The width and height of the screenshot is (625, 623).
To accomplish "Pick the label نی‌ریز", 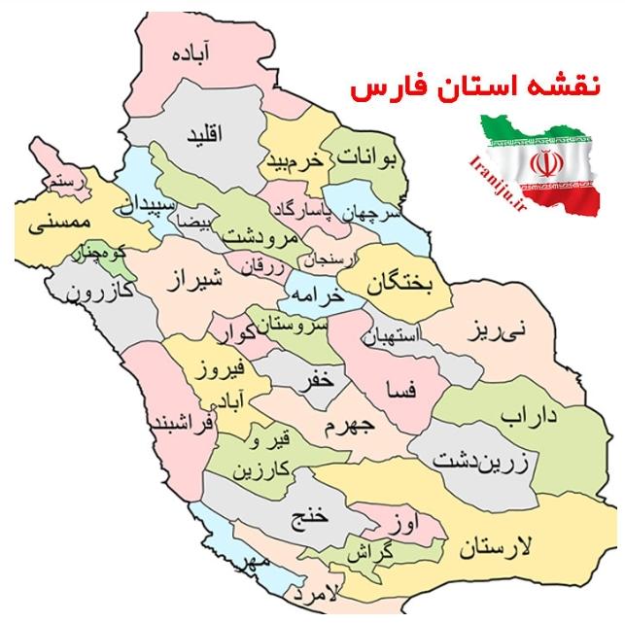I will (494, 329).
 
